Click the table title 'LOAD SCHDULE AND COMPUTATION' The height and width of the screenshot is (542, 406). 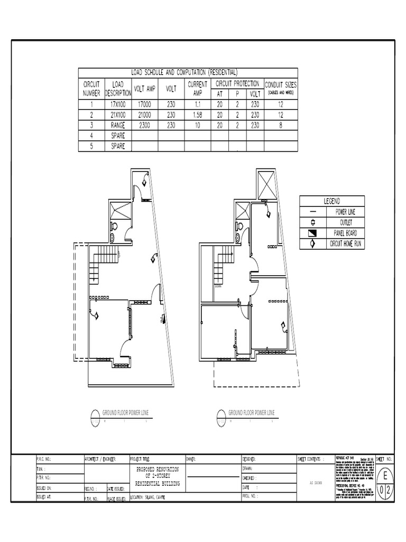click(184, 73)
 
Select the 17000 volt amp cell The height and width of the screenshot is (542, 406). click(144, 105)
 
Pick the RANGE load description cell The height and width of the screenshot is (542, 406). click(118, 125)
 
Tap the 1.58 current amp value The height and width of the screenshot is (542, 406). click(198, 115)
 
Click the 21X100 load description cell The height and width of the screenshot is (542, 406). click(118, 115)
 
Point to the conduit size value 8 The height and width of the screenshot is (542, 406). click(281, 125)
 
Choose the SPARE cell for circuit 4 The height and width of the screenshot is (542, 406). click(118, 136)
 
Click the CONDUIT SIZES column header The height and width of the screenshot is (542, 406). click(281, 85)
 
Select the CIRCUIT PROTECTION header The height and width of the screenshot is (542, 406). click(237, 84)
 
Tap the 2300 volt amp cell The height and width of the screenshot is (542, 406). click(144, 125)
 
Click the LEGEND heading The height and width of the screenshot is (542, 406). click(332, 201)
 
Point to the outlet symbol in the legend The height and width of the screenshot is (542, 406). click(312, 222)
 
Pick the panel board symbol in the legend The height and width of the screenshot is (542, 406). click(312, 233)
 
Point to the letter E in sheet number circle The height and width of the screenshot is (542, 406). click(385, 474)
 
